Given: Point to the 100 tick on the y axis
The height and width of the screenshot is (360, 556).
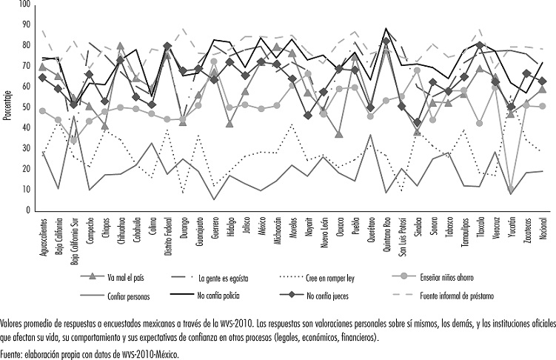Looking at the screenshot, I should point(24,5).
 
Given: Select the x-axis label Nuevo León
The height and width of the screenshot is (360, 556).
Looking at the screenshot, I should point(324,236).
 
